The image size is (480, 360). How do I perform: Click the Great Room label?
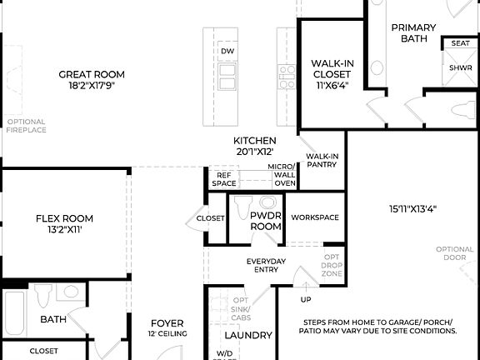(x=92, y=74)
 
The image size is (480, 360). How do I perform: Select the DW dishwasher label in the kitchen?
(x=227, y=52)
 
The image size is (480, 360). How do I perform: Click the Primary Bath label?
(x=414, y=32)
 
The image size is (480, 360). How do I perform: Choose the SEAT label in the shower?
(x=460, y=43)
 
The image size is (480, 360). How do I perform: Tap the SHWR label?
(x=460, y=68)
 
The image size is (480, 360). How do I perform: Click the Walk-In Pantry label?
(x=322, y=160)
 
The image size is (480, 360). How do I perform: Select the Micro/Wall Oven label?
(x=282, y=174)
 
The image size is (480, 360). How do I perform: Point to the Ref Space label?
(x=224, y=179)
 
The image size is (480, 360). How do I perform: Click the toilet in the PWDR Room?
(x=243, y=205)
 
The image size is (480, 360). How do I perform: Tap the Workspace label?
(x=315, y=217)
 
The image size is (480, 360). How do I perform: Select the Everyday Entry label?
(x=266, y=265)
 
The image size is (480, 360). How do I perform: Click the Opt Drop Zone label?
(x=332, y=265)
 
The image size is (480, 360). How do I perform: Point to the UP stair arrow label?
(x=305, y=299)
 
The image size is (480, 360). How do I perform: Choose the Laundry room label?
(x=248, y=335)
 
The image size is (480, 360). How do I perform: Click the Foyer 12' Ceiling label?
(x=167, y=327)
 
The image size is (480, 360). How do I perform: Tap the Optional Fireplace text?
(x=26, y=126)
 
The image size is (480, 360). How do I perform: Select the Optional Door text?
(x=455, y=253)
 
